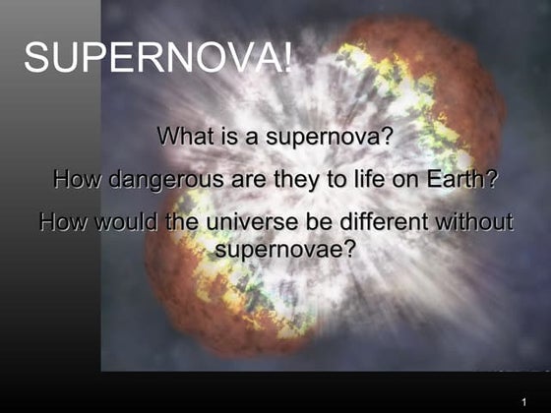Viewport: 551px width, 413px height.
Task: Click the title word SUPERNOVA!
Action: pyautogui.click(x=157, y=59)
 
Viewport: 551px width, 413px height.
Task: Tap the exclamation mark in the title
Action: pyautogui.click(x=286, y=59)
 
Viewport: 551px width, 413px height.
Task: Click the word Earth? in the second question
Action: pyautogui.click(x=462, y=180)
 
